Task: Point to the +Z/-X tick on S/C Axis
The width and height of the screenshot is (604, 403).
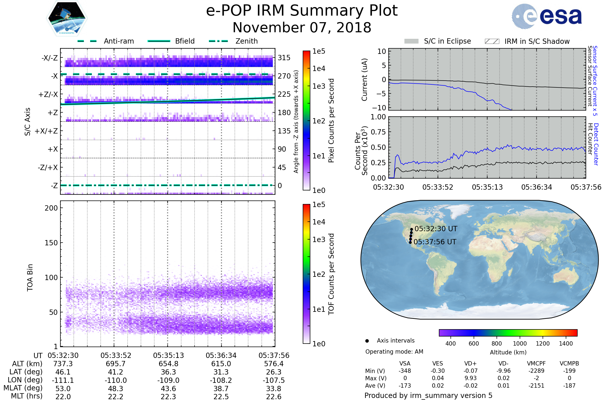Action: (48, 95)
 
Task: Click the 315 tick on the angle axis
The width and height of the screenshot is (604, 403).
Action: (284, 58)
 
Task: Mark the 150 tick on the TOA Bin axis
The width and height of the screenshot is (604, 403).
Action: (51, 243)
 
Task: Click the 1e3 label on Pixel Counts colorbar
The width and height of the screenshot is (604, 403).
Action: (319, 86)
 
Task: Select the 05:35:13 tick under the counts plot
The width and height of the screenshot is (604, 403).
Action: (487, 187)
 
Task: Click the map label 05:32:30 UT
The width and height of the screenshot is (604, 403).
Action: (436, 229)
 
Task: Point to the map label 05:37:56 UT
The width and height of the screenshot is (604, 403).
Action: (435, 242)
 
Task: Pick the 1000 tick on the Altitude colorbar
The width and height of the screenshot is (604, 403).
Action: (519, 344)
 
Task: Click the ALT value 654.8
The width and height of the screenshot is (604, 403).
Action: (168, 364)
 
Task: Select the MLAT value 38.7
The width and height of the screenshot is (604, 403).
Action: (221, 388)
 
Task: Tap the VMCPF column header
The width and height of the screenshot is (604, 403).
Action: (536, 363)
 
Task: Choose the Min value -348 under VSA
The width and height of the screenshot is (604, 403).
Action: (405, 371)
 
